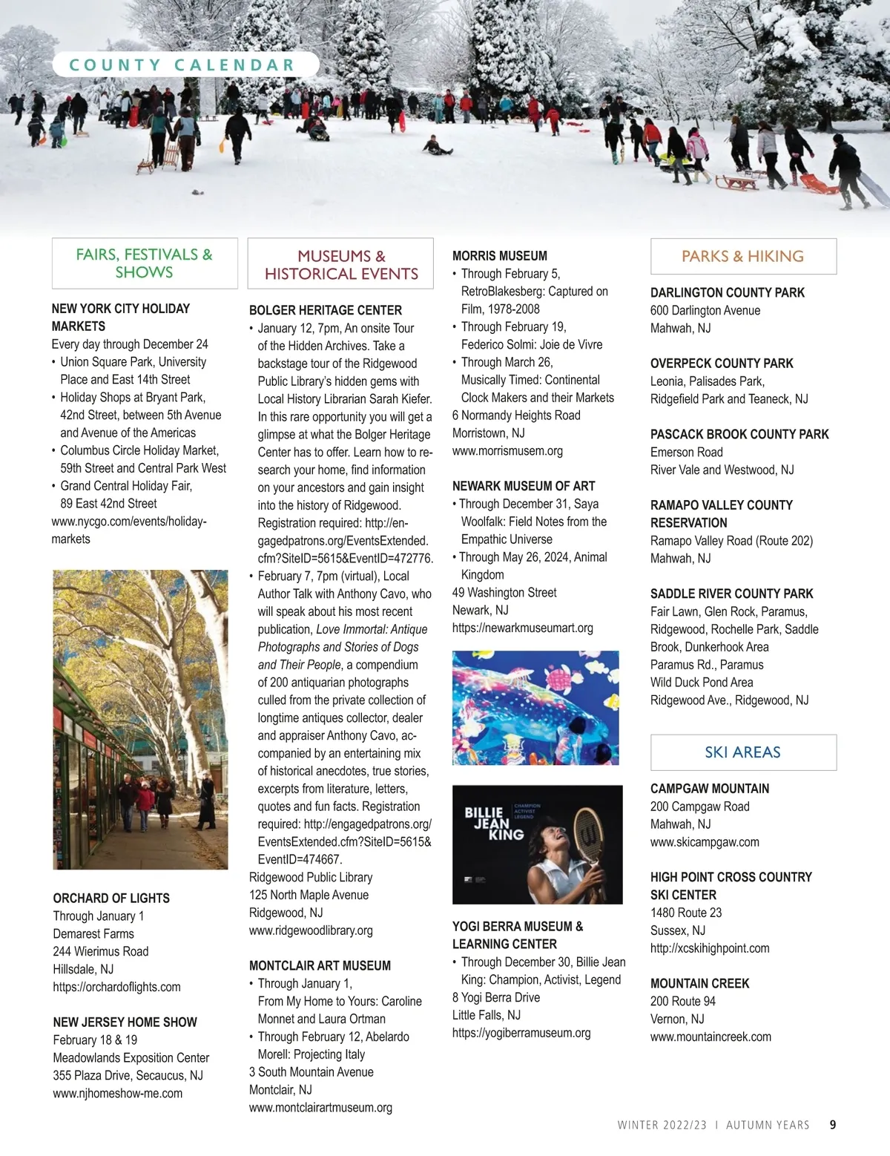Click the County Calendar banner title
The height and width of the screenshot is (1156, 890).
pyautogui.click(x=182, y=65)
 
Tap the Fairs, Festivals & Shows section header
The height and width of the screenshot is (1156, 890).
pyautogui.click(x=145, y=263)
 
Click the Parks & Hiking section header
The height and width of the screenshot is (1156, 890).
pyautogui.click(x=742, y=257)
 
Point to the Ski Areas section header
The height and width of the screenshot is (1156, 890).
pyautogui.click(x=742, y=752)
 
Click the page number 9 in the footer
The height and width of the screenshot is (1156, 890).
pyautogui.click(x=833, y=1125)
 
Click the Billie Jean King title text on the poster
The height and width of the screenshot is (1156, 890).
pyautogui.click(x=494, y=824)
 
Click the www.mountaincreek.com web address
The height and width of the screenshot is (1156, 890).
pyautogui.click(x=711, y=1037)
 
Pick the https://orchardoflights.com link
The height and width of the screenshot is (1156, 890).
pyautogui.click(x=116, y=987)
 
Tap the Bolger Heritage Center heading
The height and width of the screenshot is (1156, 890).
pyautogui.click(x=326, y=310)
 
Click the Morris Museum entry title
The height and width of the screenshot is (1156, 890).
pyautogui.click(x=500, y=256)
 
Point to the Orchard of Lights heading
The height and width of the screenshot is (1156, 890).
pyautogui.click(x=111, y=898)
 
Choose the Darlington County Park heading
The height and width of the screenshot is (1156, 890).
pyautogui.click(x=727, y=292)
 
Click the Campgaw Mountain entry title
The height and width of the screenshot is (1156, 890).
pyautogui.click(x=710, y=789)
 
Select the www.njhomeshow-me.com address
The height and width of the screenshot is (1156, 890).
pyautogui.click(x=117, y=1093)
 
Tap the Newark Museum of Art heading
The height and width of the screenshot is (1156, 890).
pyautogui.click(x=524, y=486)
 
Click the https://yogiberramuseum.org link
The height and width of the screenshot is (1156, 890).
pyautogui.click(x=521, y=1033)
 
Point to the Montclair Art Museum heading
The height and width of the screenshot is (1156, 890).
pyautogui.click(x=320, y=965)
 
